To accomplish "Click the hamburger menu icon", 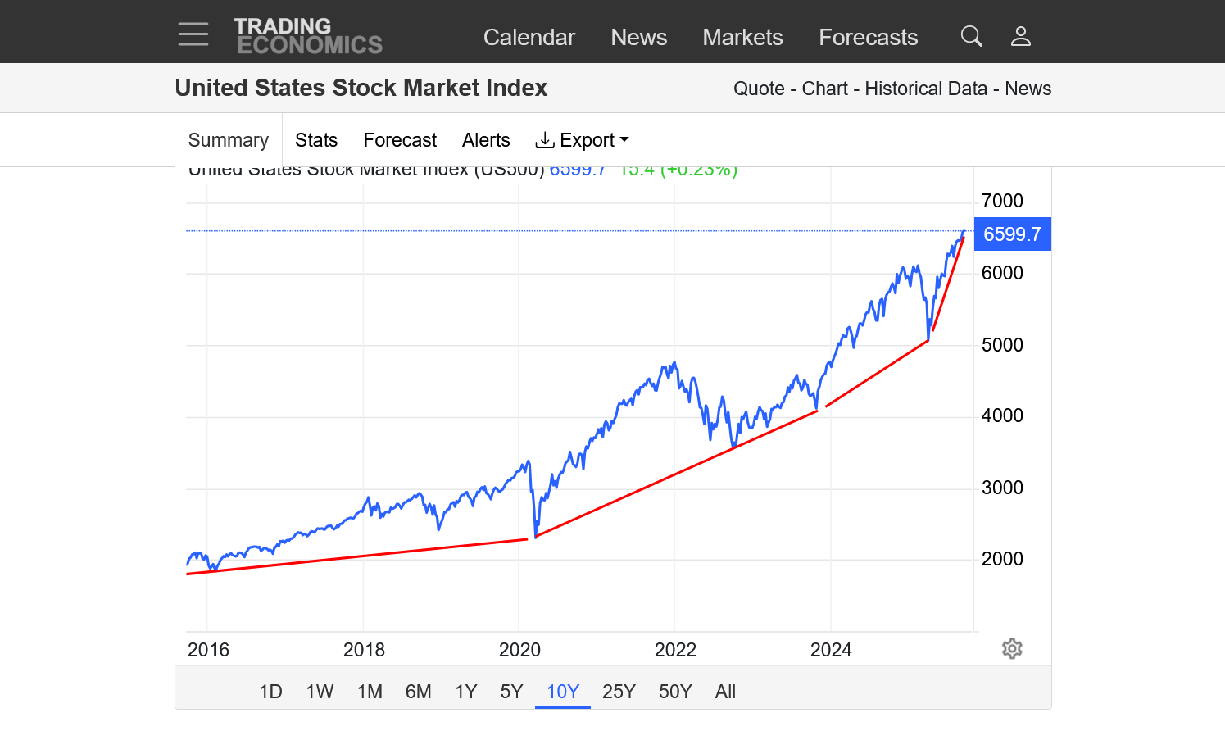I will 193,34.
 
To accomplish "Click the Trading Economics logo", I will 308,36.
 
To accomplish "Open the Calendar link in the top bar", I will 529,37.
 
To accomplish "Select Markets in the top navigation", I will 742,37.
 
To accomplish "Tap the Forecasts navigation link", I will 868,37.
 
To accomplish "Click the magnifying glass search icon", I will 971,36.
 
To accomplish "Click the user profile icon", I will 1020,36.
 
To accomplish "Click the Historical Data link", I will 926,89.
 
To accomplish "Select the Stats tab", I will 316,140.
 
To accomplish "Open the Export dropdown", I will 582,140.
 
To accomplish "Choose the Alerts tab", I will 486,140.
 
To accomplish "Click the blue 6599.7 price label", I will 1012,234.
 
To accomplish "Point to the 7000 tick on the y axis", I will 1002,201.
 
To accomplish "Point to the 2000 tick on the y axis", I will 1002,559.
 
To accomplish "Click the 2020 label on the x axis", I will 519,650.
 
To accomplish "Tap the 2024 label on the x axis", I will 831,650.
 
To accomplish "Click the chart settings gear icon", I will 1012,649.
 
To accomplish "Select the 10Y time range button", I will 563,692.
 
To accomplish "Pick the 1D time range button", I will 270,692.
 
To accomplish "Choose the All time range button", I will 725,692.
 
